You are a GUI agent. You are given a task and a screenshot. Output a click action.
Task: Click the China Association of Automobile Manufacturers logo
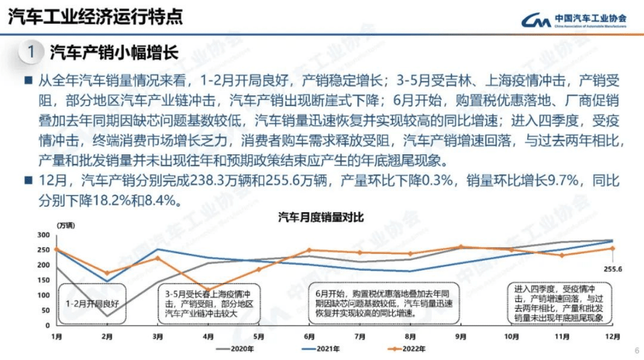point(574,19)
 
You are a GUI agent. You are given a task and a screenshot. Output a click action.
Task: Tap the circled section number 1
point(31,53)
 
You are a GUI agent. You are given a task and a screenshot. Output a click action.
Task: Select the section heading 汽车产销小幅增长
point(114,53)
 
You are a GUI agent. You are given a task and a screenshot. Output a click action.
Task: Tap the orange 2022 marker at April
point(208,290)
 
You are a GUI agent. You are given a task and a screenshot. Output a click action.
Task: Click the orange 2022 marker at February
point(107,273)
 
